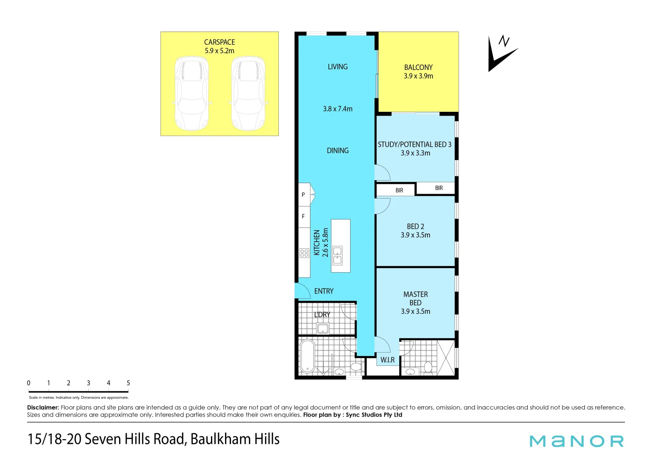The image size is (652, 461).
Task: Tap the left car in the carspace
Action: click(x=192, y=93)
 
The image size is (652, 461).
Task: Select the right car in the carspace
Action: click(x=248, y=93)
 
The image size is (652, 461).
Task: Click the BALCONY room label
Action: click(x=418, y=67)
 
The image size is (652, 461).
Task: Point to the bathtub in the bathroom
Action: click(x=307, y=356)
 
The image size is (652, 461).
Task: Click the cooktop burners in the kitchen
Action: click(x=304, y=253)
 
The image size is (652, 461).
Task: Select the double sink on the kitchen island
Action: click(x=337, y=255)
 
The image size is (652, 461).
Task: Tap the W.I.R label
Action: click(x=388, y=360)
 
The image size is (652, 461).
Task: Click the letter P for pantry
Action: click(x=303, y=195)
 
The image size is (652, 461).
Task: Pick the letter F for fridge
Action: click(x=303, y=216)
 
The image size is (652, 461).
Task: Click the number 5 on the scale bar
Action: click(x=128, y=383)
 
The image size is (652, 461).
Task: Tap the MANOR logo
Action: click(x=576, y=441)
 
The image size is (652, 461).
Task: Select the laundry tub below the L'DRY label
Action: click(x=323, y=328)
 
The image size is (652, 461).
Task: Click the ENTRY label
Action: click(x=324, y=291)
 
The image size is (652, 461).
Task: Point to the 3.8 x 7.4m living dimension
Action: click(x=338, y=109)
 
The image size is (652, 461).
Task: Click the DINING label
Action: click(x=338, y=151)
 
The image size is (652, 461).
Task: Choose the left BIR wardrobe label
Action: click(x=399, y=190)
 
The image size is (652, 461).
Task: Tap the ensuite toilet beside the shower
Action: click(x=428, y=367)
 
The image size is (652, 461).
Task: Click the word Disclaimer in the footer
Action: click(x=43, y=408)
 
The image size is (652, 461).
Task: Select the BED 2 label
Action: click(x=415, y=227)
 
